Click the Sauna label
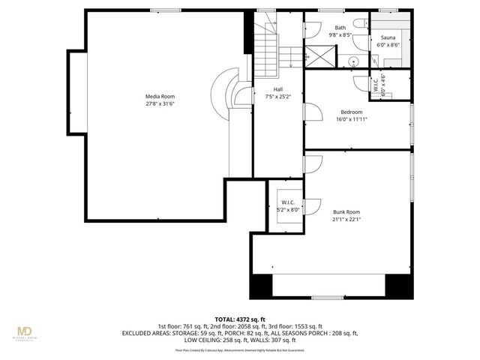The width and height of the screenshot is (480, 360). [388, 37]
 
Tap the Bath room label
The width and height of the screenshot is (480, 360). [340, 27]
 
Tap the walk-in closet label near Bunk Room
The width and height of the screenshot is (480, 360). [288, 202]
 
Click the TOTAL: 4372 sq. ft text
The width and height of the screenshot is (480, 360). [240, 319]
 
